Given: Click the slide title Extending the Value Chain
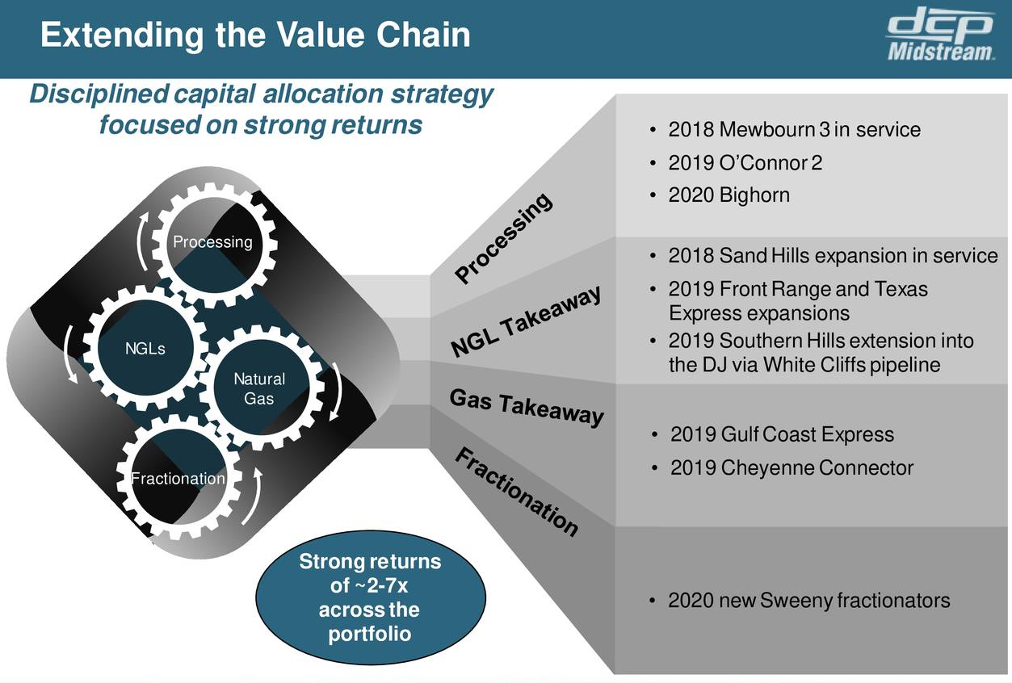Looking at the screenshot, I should click(x=255, y=36).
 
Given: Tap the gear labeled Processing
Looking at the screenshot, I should click(x=213, y=242).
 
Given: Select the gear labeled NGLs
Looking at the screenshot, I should click(x=145, y=349).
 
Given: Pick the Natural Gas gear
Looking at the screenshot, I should click(x=259, y=388).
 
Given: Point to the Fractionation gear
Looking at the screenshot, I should click(x=178, y=479).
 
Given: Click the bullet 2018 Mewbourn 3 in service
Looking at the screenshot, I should click(x=794, y=129).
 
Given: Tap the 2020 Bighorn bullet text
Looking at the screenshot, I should click(x=729, y=195).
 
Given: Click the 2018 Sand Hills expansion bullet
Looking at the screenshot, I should click(x=833, y=256).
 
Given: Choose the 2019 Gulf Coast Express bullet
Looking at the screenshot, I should click(x=782, y=434).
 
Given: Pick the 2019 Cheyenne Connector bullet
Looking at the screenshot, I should click(x=792, y=467).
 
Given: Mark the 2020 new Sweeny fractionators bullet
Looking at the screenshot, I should click(x=808, y=601).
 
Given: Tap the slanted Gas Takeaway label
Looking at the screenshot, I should click(x=526, y=407).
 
